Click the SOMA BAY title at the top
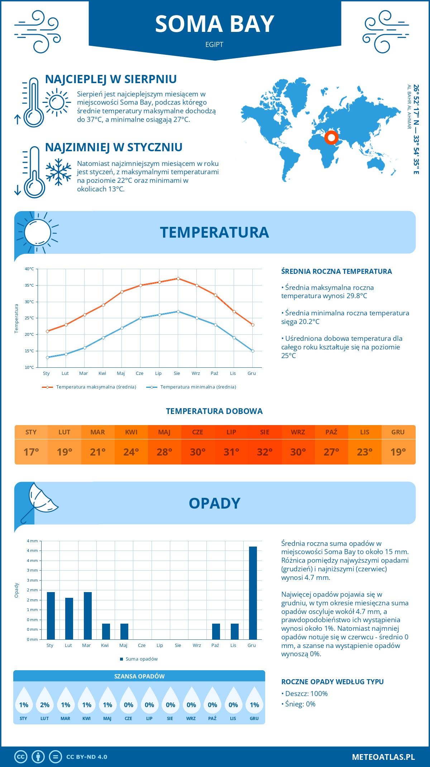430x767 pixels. pos(215,24)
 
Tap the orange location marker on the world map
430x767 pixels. pos(331,138)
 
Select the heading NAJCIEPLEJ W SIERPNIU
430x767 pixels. pos(111,79)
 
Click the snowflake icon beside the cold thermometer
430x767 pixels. pos(58,172)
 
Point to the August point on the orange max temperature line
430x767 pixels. pos(178,278)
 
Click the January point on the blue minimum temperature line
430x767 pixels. pos(47,357)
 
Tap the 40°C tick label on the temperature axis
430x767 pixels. pos(29,269)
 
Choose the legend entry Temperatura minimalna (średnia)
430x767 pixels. pos(198,387)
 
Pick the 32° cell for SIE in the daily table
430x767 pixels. pos(264,452)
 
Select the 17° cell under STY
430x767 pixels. pos(31,452)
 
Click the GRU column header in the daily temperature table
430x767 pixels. pos(398,432)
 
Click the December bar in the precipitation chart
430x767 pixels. pos(253,593)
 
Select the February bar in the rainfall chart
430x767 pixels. pos(69,619)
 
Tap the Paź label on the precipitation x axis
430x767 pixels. pos(215,645)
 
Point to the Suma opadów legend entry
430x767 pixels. pos(142,659)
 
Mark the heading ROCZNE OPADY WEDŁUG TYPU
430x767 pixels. pos(332,682)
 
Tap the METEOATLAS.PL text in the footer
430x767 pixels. pos(383,757)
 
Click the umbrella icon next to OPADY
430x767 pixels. pos(38,501)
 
